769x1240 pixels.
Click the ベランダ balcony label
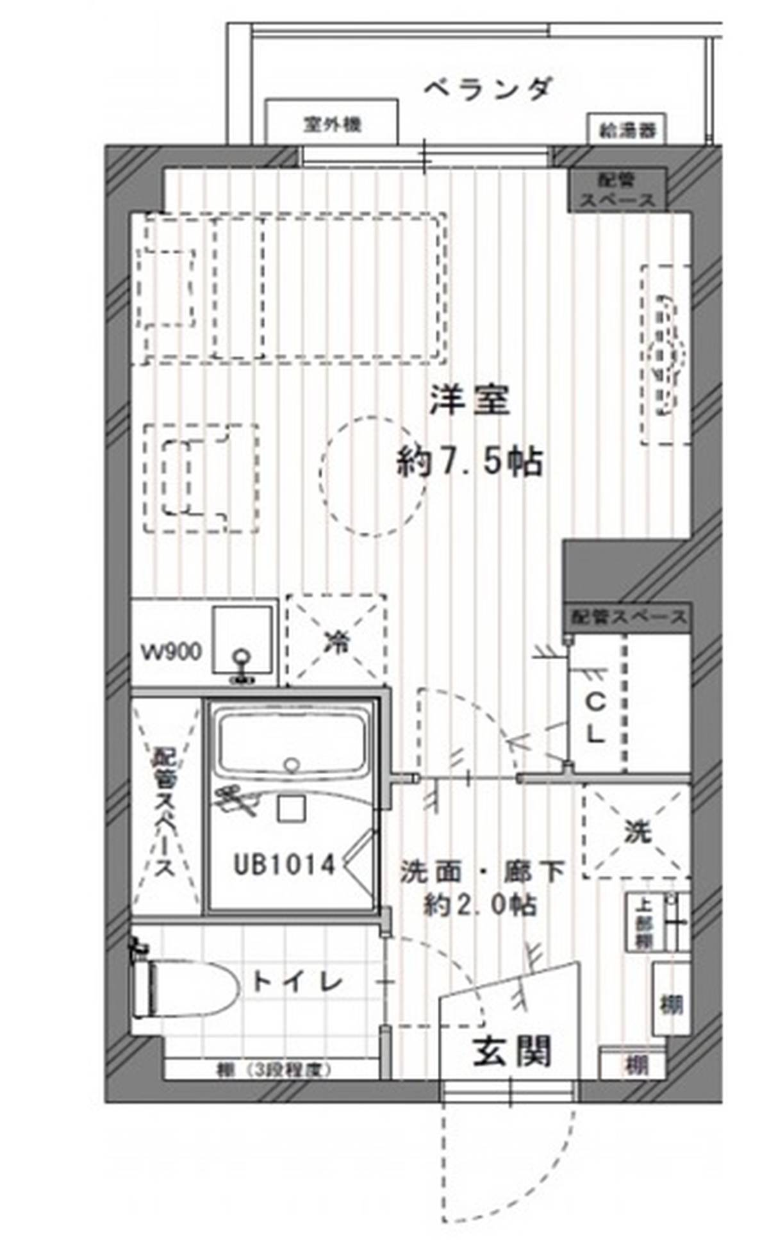(x=488, y=88)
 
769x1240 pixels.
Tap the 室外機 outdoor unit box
(x=332, y=124)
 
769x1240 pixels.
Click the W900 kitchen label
(x=171, y=652)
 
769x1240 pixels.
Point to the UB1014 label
(x=284, y=865)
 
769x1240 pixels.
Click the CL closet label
(x=596, y=719)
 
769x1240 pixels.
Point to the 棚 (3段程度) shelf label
(x=273, y=1070)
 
